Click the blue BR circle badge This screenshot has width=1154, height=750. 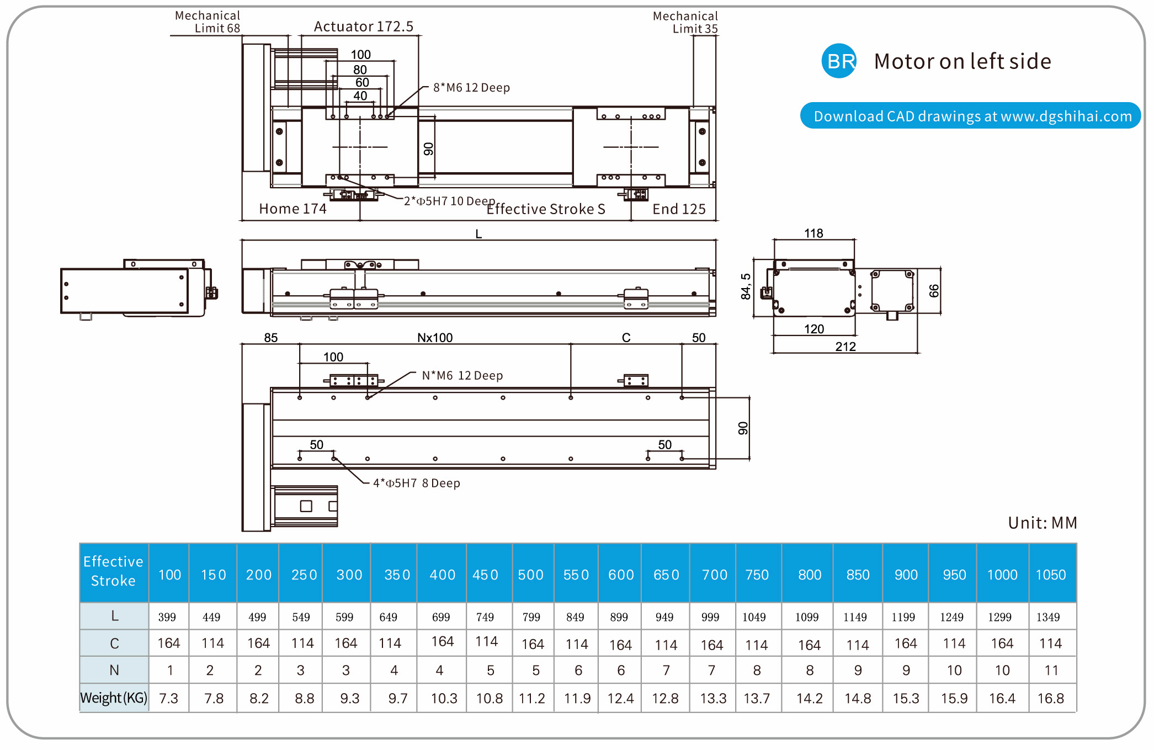tap(839, 61)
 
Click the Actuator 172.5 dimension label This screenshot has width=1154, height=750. tap(363, 26)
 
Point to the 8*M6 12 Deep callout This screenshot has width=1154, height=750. tap(471, 88)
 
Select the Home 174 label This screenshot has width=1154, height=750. tap(293, 209)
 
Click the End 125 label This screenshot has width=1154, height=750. tap(679, 209)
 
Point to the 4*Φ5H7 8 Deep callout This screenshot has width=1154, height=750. tap(416, 483)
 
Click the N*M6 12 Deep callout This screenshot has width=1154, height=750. tap(462, 376)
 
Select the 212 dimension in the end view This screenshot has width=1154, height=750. tap(845, 347)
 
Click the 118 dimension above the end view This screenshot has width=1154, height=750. tap(813, 233)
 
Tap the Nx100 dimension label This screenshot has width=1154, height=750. tap(435, 338)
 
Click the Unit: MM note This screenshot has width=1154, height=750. tap(1042, 523)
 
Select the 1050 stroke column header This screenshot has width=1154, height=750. tap(1050, 575)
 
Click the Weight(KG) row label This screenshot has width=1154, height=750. tap(114, 698)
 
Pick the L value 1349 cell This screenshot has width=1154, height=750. tap(1047, 617)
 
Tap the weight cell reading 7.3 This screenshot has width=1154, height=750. tap(168, 699)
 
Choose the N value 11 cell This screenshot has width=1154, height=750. tap(1051, 671)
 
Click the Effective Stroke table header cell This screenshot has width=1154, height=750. tap(114, 571)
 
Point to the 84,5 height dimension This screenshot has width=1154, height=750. tap(746, 286)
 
